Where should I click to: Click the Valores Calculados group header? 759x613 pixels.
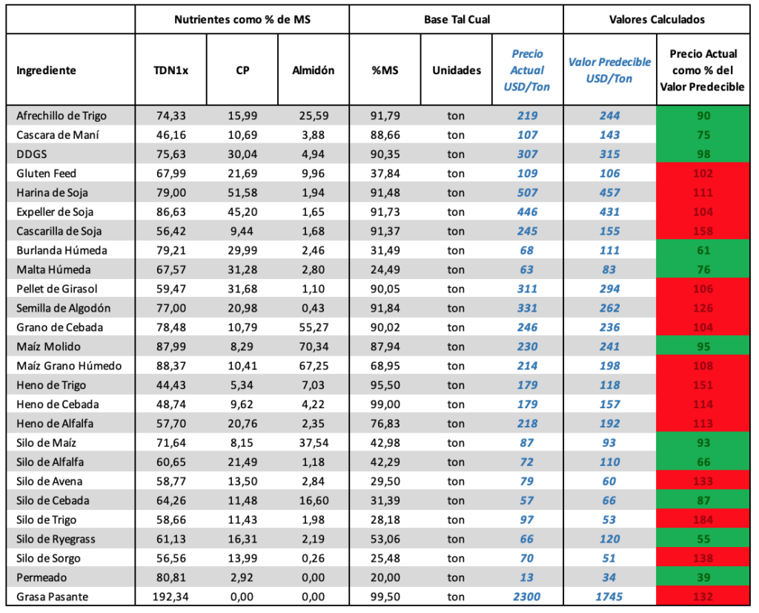point(657,19)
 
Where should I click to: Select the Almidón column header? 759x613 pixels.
point(314,71)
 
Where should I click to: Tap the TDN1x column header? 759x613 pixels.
point(171,71)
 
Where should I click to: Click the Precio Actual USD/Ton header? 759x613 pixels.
point(527,71)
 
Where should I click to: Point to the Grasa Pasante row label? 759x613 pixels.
point(53,597)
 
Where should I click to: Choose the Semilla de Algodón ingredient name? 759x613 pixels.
point(64,308)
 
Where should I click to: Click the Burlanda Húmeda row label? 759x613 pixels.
point(62,251)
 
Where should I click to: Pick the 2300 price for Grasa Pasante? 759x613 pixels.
point(527,597)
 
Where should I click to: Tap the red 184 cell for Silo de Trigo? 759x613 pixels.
point(703,519)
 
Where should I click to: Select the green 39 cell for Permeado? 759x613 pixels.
point(703,577)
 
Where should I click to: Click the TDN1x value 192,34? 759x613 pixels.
point(170,597)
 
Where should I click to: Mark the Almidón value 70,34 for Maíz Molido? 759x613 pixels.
point(314,347)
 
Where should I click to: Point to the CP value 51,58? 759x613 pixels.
point(242,192)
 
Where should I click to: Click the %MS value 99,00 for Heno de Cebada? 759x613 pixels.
point(385,404)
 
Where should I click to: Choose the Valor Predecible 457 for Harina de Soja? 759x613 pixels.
point(609,192)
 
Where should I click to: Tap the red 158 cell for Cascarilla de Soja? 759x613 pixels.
point(703,231)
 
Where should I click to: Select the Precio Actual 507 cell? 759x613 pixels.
point(527,192)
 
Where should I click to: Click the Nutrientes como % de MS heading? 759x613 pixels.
point(242,19)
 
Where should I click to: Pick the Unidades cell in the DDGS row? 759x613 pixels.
point(456,154)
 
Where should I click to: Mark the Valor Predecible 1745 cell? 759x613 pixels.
point(609,597)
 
